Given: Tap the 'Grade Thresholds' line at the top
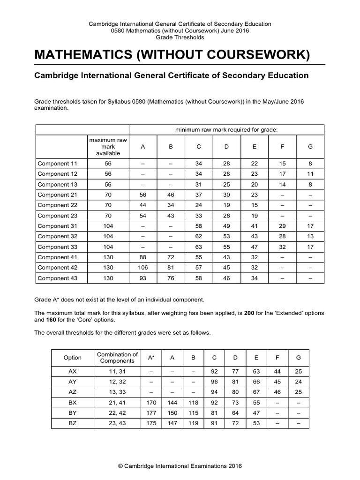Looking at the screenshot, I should pyautogui.click(x=180, y=37).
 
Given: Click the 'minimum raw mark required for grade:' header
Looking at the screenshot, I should pyautogui.click(x=226, y=129).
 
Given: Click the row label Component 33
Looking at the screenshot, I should pyautogui.click(x=57, y=247).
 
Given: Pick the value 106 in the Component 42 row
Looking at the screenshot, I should pyautogui.click(x=143, y=268).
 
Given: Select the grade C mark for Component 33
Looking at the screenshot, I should pyautogui.click(x=199, y=247).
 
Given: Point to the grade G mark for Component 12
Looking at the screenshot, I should pyautogui.click(x=310, y=174).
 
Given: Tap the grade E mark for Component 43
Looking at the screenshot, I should pyautogui.click(x=254, y=278).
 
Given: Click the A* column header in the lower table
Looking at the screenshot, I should pyautogui.click(x=151, y=358).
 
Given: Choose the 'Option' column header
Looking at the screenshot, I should pyautogui.click(x=72, y=358).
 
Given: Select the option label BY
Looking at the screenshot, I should pyautogui.click(x=72, y=412).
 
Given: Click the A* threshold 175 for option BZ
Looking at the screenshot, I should pyautogui.click(x=151, y=423).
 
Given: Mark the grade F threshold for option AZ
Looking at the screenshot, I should pyautogui.click(x=277, y=392).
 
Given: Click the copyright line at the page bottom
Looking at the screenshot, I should pyautogui.click(x=180, y=466).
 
